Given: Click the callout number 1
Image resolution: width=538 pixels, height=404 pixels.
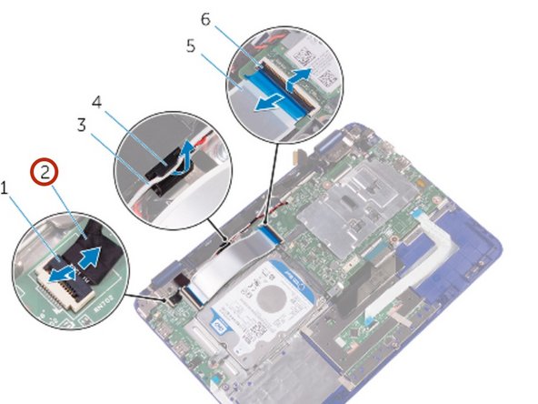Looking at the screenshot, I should coord(5,187).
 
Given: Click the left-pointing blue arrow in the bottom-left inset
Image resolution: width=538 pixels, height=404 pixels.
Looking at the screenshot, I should coord(61,272).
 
